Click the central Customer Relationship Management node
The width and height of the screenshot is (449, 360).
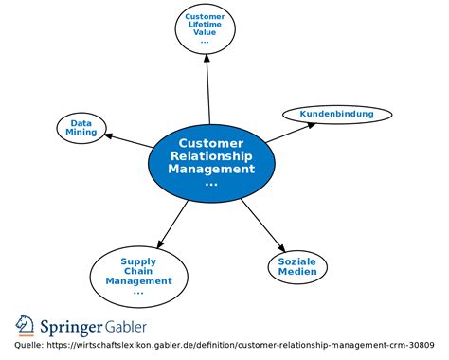(x=211, y=162)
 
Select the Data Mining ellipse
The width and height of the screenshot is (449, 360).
(x=81, y=128)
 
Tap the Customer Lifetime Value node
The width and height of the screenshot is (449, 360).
(x=205, y=29)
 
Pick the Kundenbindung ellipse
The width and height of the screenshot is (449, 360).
(x=336, y=115)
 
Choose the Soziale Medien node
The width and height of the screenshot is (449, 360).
(x=297, y=266)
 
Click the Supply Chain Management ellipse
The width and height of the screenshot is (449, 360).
(x=138, y=275)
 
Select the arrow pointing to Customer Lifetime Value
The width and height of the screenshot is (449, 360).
(x=207, y=90)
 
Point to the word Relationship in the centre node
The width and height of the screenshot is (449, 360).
(x=211, y=156)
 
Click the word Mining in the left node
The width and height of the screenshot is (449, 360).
(x=81, y=134)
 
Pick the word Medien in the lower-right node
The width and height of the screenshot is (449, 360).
(x=297, y=272)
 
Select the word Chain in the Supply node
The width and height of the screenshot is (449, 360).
(x=138, y=271)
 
